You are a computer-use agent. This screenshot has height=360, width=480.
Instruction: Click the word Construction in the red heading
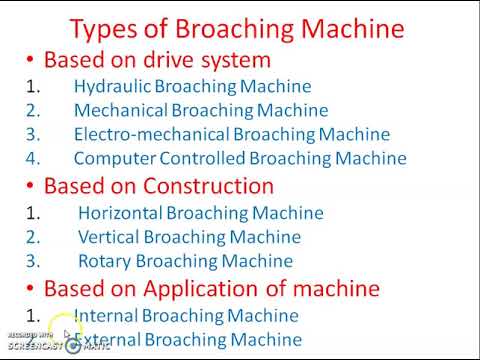215,185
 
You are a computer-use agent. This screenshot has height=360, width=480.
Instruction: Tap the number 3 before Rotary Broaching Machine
32,261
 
